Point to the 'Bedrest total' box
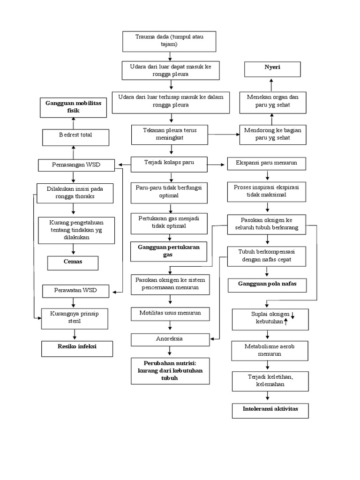click(76, 137)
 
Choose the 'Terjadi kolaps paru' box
click(169, 164)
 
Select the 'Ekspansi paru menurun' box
click(267, 164)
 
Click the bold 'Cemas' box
click(73, 263)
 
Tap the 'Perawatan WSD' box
click(76, 291)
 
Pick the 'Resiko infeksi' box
click(78, 349)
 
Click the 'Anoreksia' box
click(170, 339)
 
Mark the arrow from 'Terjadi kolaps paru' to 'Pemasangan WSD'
click(124, 165)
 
